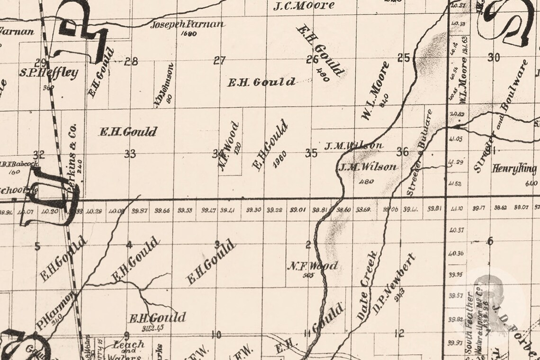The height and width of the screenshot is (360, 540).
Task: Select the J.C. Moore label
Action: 304,6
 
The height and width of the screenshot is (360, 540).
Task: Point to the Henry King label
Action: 514,169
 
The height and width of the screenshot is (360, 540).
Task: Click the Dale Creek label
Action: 368,287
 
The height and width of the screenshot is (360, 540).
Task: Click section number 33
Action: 130,153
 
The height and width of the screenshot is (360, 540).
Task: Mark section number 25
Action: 403,58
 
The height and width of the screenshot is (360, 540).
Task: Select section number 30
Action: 494,58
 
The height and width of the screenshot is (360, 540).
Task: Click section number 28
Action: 131,61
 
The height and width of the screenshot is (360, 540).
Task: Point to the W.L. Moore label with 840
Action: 376,90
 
